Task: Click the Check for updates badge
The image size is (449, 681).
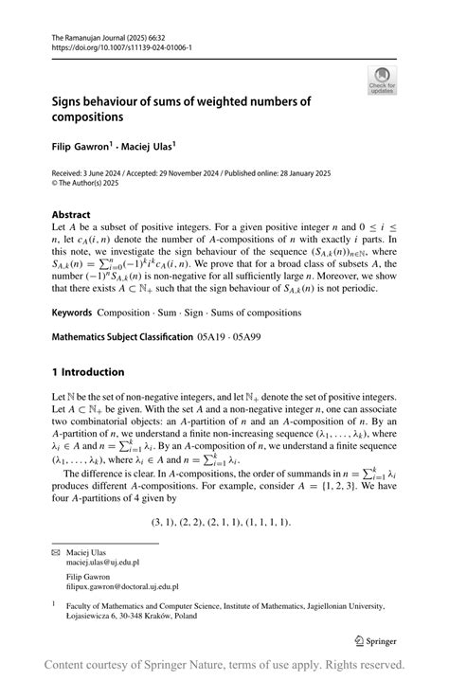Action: click(382, 80)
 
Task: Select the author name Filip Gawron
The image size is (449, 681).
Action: click(80, 149)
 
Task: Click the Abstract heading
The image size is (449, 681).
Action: click(71, 215)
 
